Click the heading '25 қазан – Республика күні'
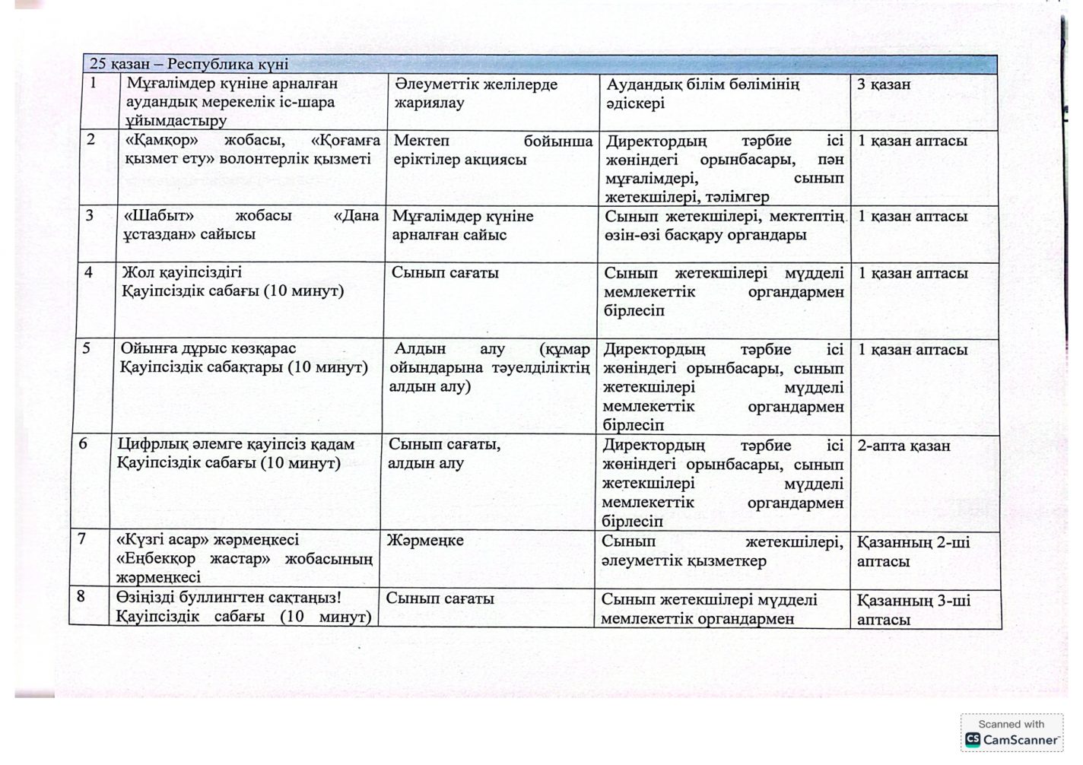tap(189, 65)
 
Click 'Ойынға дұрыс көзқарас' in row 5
tap(208, 348)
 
